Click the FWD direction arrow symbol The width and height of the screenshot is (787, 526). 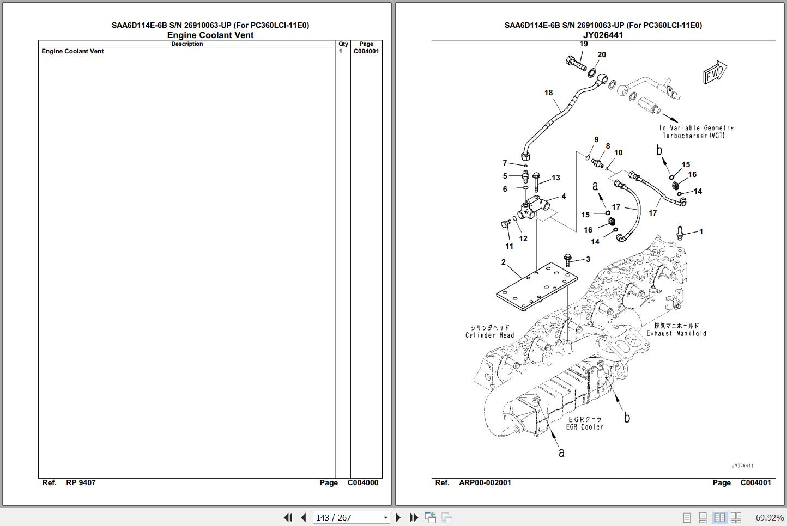tap(715, 72)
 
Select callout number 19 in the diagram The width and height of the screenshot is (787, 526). tap(584, 44)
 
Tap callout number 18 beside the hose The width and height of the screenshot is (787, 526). tap(548, 93)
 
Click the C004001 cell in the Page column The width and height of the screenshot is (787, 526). tap(366, 51)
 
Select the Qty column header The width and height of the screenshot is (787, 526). tap(343, 44)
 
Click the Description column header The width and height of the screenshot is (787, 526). tap(187, 44)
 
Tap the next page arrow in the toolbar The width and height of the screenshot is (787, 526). tap(398, 517)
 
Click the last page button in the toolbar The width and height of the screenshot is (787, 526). tap(414, 517)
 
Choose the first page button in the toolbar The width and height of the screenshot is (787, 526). tap(288, 517)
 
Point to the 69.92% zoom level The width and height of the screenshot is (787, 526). tap(769, 517)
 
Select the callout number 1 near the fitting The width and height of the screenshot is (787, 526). tap(701, 231)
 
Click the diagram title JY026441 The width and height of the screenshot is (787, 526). tap(603, 35)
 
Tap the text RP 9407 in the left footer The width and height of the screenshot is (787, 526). tap(81, 482)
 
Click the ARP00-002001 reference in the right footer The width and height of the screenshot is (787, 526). tap(485, 482)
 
